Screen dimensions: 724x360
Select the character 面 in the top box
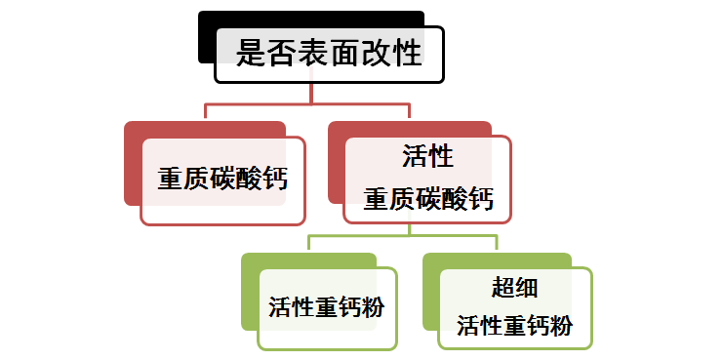click(x=344, y=53)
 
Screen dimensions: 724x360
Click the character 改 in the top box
click(x=376, y=53)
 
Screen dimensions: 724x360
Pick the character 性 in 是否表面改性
click(x=407, y=53)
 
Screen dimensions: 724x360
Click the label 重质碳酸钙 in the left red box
click(x=222, y=179)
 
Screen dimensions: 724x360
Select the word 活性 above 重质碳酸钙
click(x=427, y=155)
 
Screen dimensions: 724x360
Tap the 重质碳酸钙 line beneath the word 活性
click(x=428, y=199)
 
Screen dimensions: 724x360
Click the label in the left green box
click(x=327, y=307)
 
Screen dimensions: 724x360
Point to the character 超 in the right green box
click(x=503, y=289)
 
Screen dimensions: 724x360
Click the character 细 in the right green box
click(x=526, y=289)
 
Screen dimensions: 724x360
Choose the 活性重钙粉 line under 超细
click(x=515, y=326)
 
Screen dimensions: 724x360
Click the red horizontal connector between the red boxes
click(x=307, y=103)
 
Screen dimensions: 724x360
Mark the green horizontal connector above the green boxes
click(x=403, y=236)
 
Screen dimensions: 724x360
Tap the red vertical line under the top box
click(x=311, y=94)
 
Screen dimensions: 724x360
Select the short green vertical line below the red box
click(x=409, y=229)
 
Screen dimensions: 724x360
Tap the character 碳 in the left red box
click(x=222, y=179)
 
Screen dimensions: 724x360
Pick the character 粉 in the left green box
click(x=373, y=307)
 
